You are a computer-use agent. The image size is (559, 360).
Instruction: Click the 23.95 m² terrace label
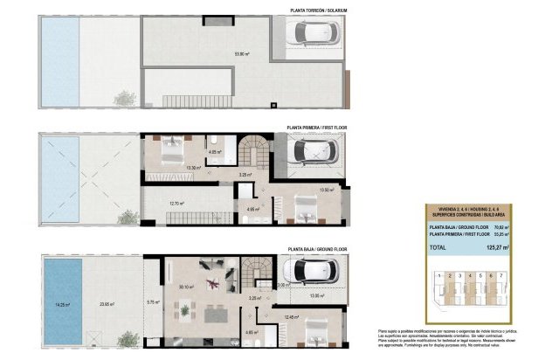pyautogui.click(x=107, y=304)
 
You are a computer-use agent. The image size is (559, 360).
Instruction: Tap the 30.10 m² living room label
pyautogui.click(x=185, y=287)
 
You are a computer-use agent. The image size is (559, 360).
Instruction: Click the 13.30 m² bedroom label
pyautogui.click(x=194, y=168)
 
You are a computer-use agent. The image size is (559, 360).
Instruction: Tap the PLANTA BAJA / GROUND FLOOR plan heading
pyautogui.click(x=316, y=249)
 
